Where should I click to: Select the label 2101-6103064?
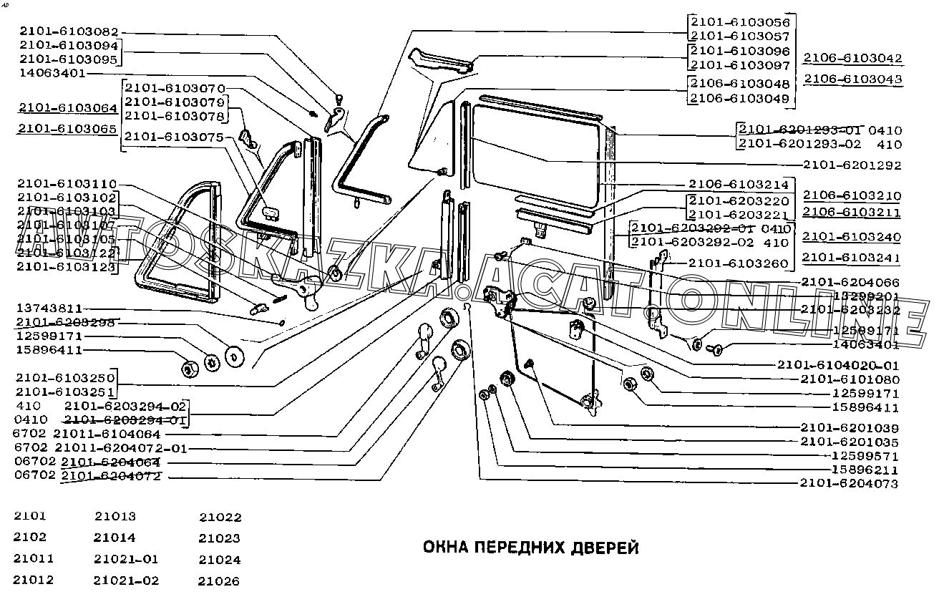coord(68,108)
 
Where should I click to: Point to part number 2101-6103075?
coord(174,136)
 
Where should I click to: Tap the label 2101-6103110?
coord(68,184)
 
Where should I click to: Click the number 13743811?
coord(50,309)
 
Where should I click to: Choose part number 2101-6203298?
coord(68,322)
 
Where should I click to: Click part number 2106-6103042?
coord(852,58)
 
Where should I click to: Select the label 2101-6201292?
coord(852,165)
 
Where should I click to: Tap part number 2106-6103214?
coord(739,184)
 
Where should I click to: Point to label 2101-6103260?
coord(739,263)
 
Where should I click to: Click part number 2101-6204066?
coord(850,282)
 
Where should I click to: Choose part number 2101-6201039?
coord(850,427)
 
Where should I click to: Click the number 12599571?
coord(865,456)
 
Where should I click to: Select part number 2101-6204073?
coord(850,484)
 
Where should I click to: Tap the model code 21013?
coord(115,516)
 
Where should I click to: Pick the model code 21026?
coord(220,581)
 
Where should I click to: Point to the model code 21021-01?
coord(126,559)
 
